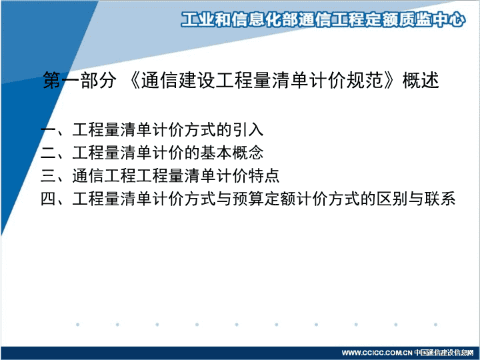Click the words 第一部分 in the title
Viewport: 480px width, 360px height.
click(x=79, y=80)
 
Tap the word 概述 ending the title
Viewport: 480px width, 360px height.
click(x=421, y=80)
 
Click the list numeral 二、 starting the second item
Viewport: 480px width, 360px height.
click(x=56, y=153)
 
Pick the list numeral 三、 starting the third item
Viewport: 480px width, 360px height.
click(x=56, y=176)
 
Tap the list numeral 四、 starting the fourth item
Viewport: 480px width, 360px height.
click(x=56, y=199)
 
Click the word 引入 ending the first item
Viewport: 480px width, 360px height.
click(x=248, y=129)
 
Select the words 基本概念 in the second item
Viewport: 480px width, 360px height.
click(x=232, y=153)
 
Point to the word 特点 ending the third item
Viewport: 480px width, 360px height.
click(x=264, y=176)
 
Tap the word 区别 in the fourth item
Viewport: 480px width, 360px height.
click(x=392, y=199)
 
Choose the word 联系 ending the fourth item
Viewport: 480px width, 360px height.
click(x=440, y=199)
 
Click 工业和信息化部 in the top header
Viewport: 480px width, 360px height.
click(x=239, y=19)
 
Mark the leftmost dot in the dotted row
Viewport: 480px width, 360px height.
click(x=78, y=325)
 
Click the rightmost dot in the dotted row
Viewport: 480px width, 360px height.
click(x=435, y=325)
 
